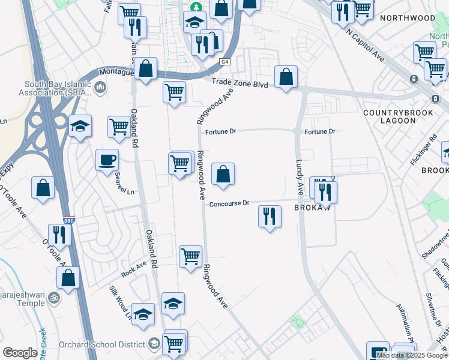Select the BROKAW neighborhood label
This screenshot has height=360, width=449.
click(x=309, y=207)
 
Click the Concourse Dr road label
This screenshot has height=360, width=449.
click(x=229, y=204)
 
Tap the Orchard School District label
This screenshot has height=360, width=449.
click(x=101, y=344)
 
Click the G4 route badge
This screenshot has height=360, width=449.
click(x=224, y=62)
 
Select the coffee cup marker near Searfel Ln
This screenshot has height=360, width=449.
click(x=107, y=160)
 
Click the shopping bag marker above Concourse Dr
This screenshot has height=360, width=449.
click(x=223, y=175)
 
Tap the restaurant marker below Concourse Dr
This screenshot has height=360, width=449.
click(x=270, y=216)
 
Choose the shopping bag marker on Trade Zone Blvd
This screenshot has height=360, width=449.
click(x=286, y=77)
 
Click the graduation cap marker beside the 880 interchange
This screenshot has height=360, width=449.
click(x=80, y=126)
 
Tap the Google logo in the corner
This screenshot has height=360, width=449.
click(x=20, y=353)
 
